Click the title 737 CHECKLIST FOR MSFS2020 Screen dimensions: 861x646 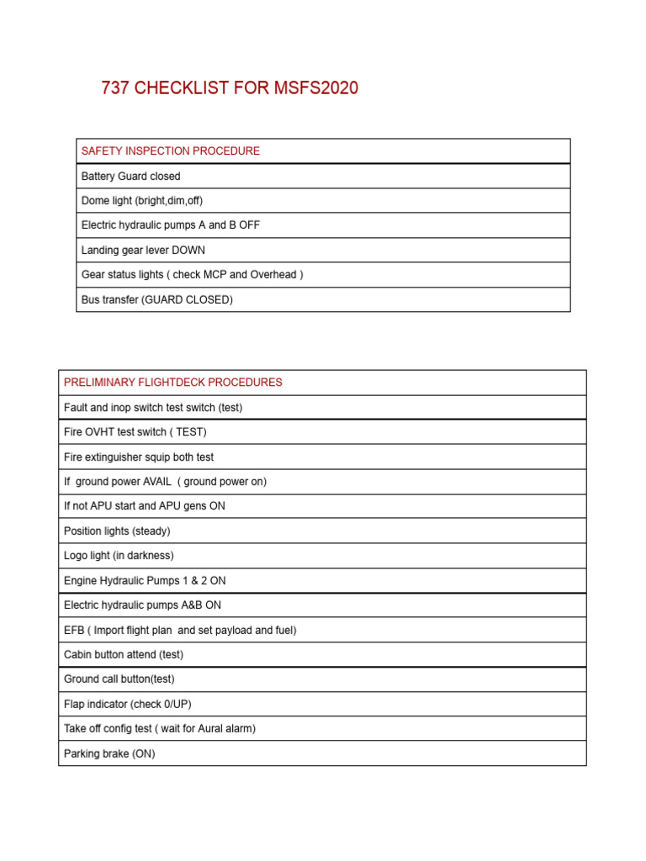click(230, 88)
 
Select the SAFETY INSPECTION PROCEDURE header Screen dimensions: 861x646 click(171, 151)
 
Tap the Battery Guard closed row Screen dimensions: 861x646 click(131, 177)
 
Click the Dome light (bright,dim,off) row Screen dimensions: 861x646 click(142, 201)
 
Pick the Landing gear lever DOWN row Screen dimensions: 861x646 click(143, 251)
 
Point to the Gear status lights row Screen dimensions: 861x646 click(193, 275)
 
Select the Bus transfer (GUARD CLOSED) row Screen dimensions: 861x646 click(157, 299)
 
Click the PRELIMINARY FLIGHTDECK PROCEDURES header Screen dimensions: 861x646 click(173, 383)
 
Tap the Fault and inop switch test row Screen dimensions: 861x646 click(153, 408)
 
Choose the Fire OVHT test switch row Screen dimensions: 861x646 click(135, 432)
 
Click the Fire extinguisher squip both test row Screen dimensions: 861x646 click(139, 457)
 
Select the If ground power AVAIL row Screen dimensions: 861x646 click(165, 482)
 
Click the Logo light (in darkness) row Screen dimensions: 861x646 click(119, 556)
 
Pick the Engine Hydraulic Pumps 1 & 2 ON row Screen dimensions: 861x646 click(145, 581)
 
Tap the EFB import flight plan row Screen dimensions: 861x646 click(180, 631)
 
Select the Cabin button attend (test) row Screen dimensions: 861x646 click(124, 655)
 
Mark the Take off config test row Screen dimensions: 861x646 click(160, 729)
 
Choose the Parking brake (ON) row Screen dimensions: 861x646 click(109, 754)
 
